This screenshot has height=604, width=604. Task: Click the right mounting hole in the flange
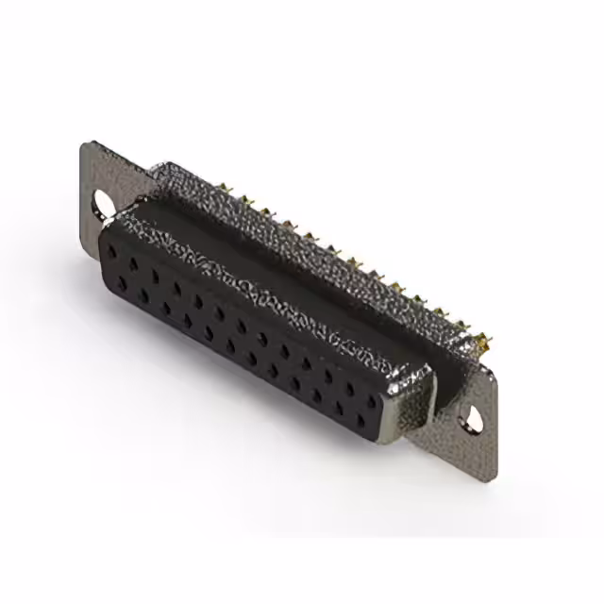pyautogui.click(x=468, y=416)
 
